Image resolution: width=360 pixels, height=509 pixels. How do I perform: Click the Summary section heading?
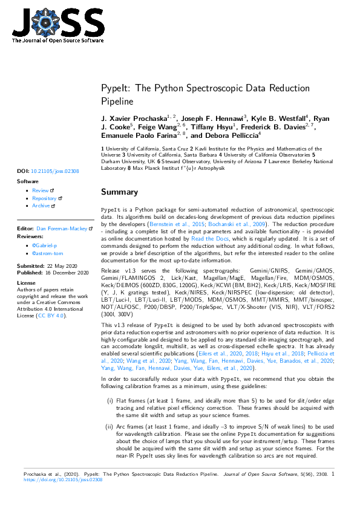tap(119, 192)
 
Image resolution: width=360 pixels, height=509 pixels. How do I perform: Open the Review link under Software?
tap(41, 190)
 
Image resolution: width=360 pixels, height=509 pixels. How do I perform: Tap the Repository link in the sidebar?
tap(44, 198)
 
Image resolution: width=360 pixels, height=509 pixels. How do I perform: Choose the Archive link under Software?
tap(41, 206)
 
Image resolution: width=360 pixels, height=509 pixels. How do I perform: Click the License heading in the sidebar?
tap(27, 283)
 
